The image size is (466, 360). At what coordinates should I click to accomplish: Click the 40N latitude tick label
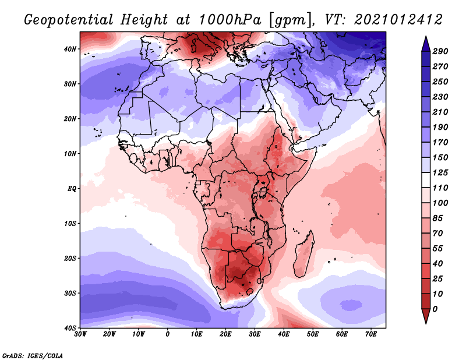click(x=69, y=49)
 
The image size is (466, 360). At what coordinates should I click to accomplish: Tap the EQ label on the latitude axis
click(x=70, y=188)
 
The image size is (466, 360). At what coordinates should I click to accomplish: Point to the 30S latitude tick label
click(x=69, y=293)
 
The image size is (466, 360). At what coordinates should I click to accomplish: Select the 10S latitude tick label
click(x=69, y=223)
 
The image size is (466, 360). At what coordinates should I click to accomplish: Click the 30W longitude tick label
click(x=80, y=334)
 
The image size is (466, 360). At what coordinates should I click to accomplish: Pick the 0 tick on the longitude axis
click(x=168, y=334)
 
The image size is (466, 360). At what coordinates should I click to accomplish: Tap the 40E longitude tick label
click(x=284, y=334)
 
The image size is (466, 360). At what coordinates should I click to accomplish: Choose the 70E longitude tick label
click(x=371, y=334)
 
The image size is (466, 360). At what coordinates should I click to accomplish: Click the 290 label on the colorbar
click(x=440, y=52)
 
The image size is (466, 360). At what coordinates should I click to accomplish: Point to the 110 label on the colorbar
click(x=440, y=187)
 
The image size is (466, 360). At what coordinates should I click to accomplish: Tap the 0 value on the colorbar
click(x=435, y=308)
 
